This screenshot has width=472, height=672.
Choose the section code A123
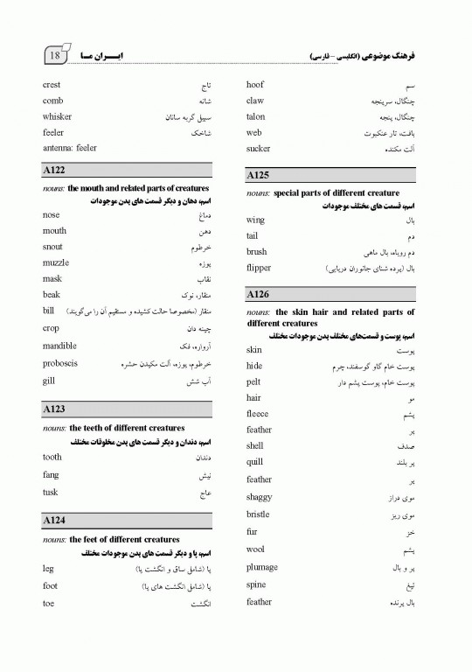pos(54,409)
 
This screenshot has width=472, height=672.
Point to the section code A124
pos(54,521)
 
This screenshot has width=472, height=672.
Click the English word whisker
pos(57,117)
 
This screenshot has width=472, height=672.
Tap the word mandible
pos(59,346)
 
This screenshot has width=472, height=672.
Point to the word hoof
pos(255,85)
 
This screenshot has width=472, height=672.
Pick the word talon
pos(255,117)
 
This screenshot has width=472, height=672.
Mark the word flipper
pos(259,268)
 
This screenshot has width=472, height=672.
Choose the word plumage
pos(262,567)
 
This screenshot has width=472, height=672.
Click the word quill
pos(254,462)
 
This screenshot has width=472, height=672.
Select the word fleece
pos(258,414)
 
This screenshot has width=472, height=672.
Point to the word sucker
pos(259,150)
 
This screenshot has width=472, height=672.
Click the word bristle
pos(258,514)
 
